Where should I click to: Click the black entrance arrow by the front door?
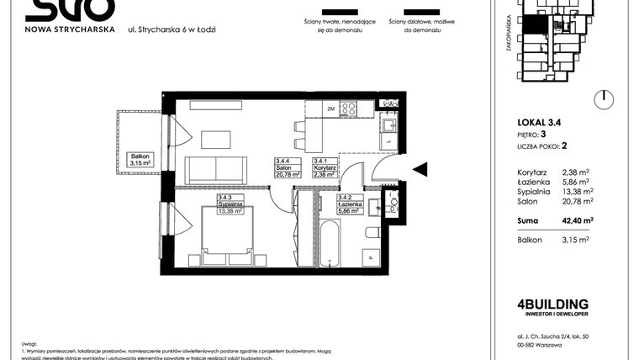point(420,169)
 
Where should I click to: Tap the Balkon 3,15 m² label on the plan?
point(139,160)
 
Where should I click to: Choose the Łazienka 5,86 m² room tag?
point(338,207)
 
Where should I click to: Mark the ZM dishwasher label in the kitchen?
point(331,108)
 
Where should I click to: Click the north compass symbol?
point(601,100)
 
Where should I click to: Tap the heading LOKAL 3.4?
point(539,123)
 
